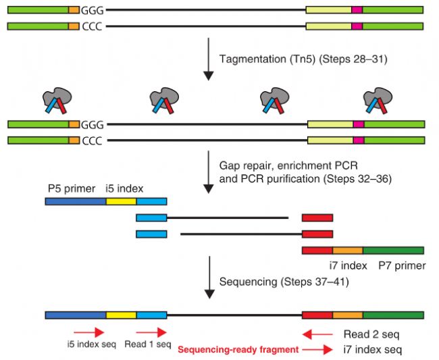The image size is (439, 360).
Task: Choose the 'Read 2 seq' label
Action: click(x=373, y=334)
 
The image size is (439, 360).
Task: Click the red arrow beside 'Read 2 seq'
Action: click(x=317, y=333)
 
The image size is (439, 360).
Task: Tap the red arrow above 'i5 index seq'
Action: click(x=88, y=332)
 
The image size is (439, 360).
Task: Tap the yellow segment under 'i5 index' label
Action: click(x=121, y=201)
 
